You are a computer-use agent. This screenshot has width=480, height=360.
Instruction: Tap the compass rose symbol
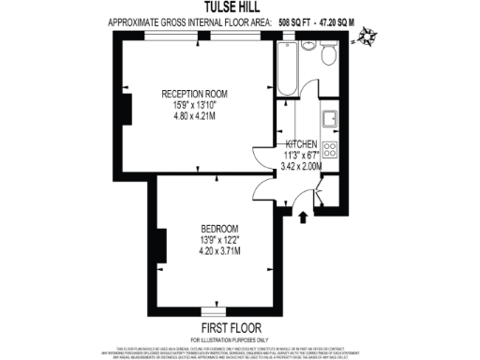click(374, 38)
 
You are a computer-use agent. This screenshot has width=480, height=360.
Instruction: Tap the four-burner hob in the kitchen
click(331, 149)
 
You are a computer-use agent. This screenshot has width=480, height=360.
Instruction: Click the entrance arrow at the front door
click(303, 218)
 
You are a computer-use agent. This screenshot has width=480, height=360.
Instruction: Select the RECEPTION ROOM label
click(195, 94)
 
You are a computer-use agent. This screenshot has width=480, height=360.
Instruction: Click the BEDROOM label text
click(219, 229)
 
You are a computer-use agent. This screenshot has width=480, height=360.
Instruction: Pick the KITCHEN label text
click(302, 145)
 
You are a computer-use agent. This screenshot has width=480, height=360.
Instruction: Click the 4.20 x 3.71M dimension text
click(219, 251)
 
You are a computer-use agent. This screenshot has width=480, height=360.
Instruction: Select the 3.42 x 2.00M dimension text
click(302, 166)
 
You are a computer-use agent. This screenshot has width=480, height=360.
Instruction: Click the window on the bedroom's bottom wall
click(216, 308)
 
